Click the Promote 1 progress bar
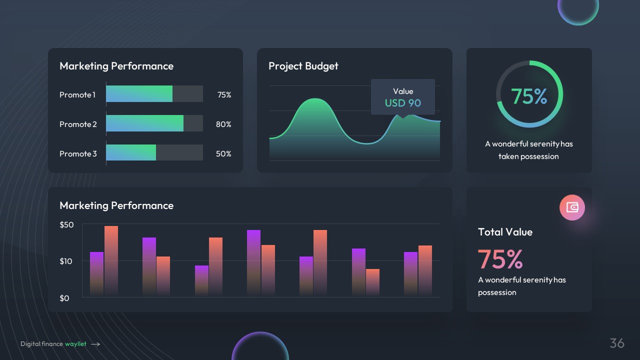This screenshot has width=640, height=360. click(154, 94)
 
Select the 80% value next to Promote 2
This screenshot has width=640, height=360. click(223, 124)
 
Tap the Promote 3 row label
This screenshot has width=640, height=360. click(78, 154)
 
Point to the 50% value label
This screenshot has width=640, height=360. click(223, 154)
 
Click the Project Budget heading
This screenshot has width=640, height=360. click(303, 66)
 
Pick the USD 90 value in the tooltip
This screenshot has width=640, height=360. click(402, 103)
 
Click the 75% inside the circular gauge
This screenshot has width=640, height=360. click(528, 96)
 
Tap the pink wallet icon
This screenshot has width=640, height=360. click(572, 207)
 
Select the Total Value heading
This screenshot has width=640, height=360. click(505, 232)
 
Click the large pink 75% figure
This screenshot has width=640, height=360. click(500, 259)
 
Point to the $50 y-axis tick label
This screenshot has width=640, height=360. click(66, 225)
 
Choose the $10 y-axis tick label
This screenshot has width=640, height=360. click(66, 261)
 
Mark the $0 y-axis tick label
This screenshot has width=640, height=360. click(64, 298)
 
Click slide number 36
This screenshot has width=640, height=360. click(617, 343)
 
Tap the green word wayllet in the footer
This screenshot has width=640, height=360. click(75, 344)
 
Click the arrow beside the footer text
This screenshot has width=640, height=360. click(95, 344)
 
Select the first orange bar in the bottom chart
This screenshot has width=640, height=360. click(111, 260)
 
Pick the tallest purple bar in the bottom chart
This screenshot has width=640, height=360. click(253, 262)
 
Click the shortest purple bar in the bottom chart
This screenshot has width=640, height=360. click(201, 280)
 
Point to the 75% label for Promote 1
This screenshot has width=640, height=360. click(224, 94)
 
